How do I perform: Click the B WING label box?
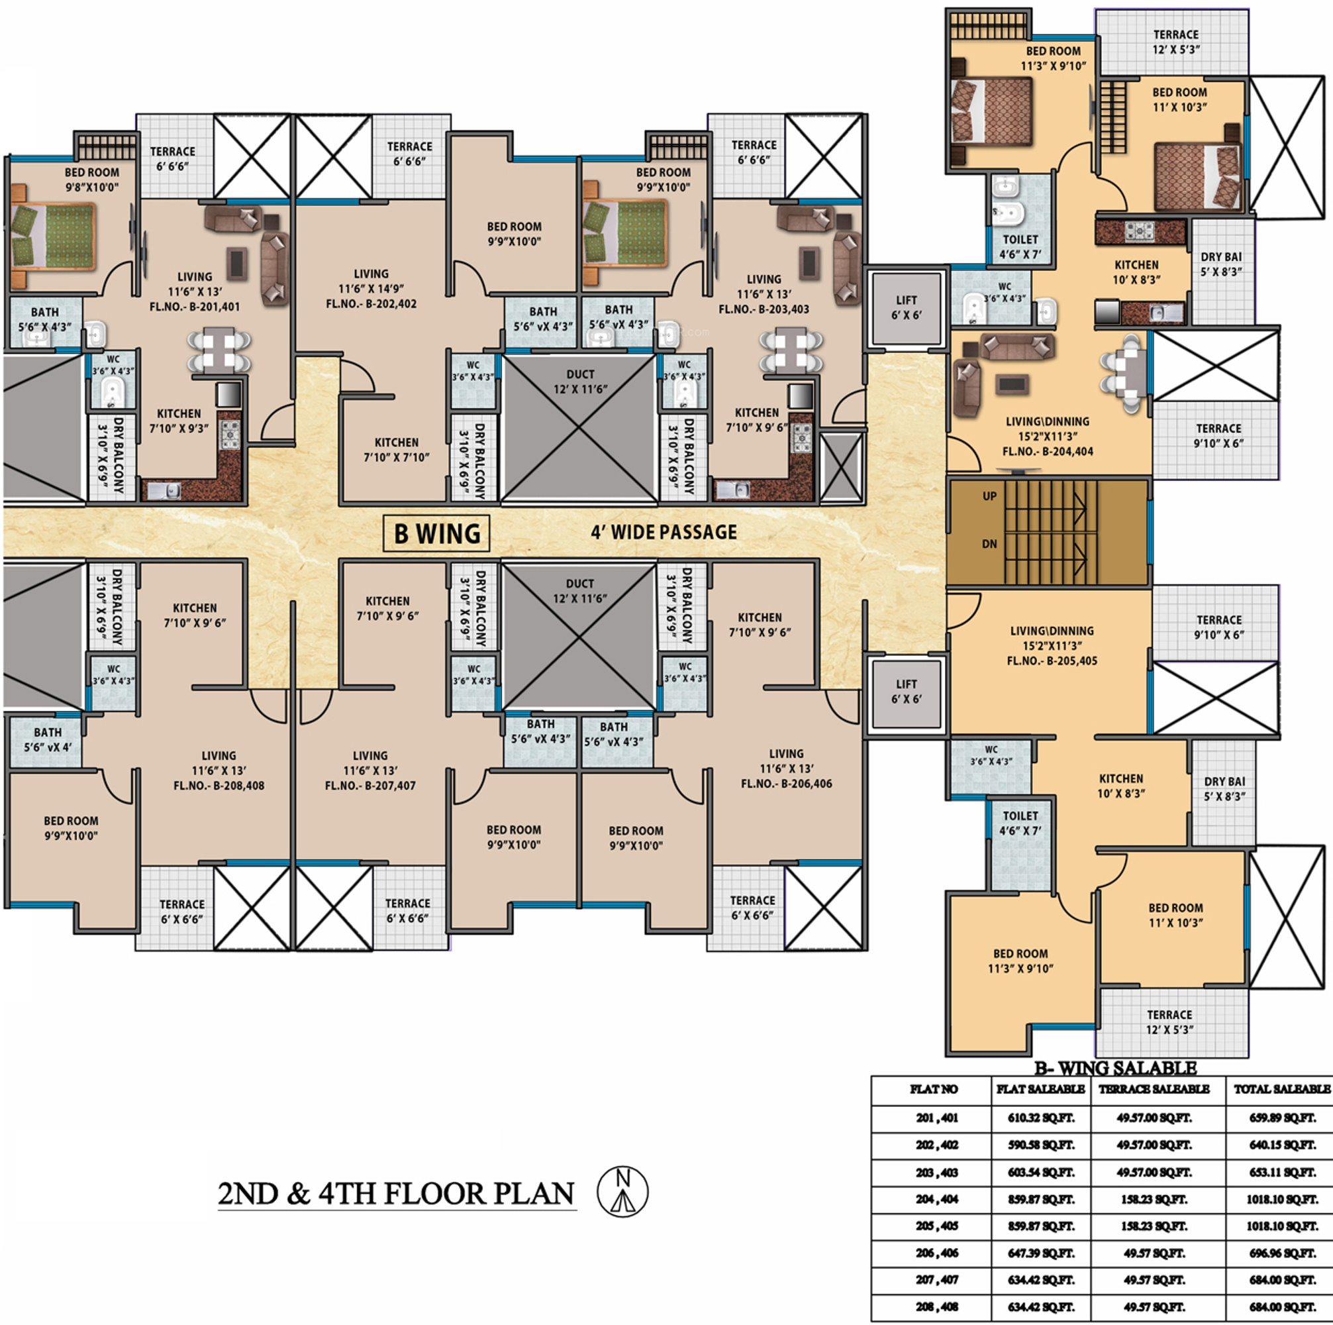point(436,533)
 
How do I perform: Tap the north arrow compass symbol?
point(622,1191)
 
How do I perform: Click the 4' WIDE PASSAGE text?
point(664,532)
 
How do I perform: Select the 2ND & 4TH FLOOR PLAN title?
point(396,1193)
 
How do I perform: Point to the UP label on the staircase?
point(989,496)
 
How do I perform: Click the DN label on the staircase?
point(989,544)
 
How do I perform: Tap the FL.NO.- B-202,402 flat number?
point(371,303)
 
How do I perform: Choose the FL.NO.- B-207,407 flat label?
point(371,785)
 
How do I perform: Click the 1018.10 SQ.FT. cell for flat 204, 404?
point(1282,1199)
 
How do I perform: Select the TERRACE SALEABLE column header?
point(1154,1089)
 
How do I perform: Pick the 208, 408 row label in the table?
point(937,1306)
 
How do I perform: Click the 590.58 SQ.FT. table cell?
point(1041,1145)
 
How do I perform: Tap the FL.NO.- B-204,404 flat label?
point(1049,451)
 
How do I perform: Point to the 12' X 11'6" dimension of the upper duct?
point(580,390)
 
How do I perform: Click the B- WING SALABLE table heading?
point(1115,1068)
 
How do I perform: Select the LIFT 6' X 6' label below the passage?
point(906,692)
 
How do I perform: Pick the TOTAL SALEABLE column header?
point(1282,1089)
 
